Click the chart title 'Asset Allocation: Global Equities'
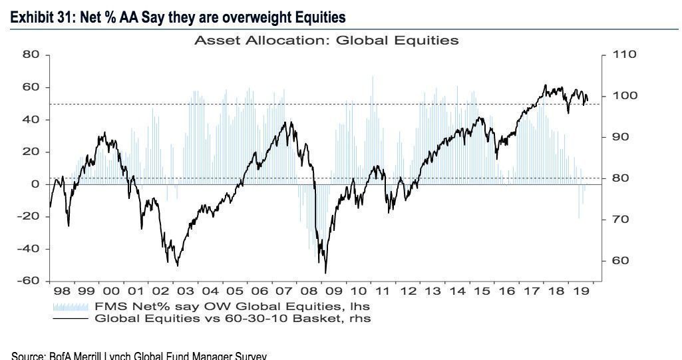point(326,41)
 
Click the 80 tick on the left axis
point(32,55)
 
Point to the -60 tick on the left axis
point(29,281)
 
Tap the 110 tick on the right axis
point(624,55)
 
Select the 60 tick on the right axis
point(621,261)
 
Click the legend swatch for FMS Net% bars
point(70,307)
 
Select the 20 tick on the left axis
point(32,152)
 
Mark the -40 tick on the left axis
point(29,249)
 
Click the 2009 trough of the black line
point(325,272)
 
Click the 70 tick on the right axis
point(621,220)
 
